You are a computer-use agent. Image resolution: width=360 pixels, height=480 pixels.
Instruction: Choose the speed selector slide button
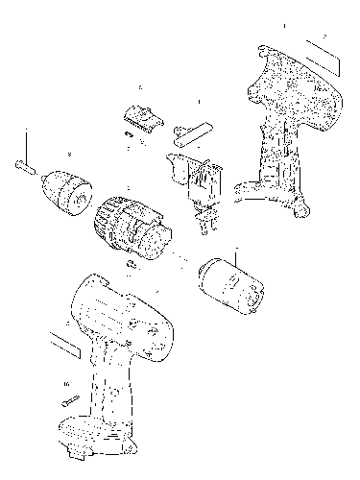point(140,115)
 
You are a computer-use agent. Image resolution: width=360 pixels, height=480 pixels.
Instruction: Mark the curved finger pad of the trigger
point(176,165)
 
